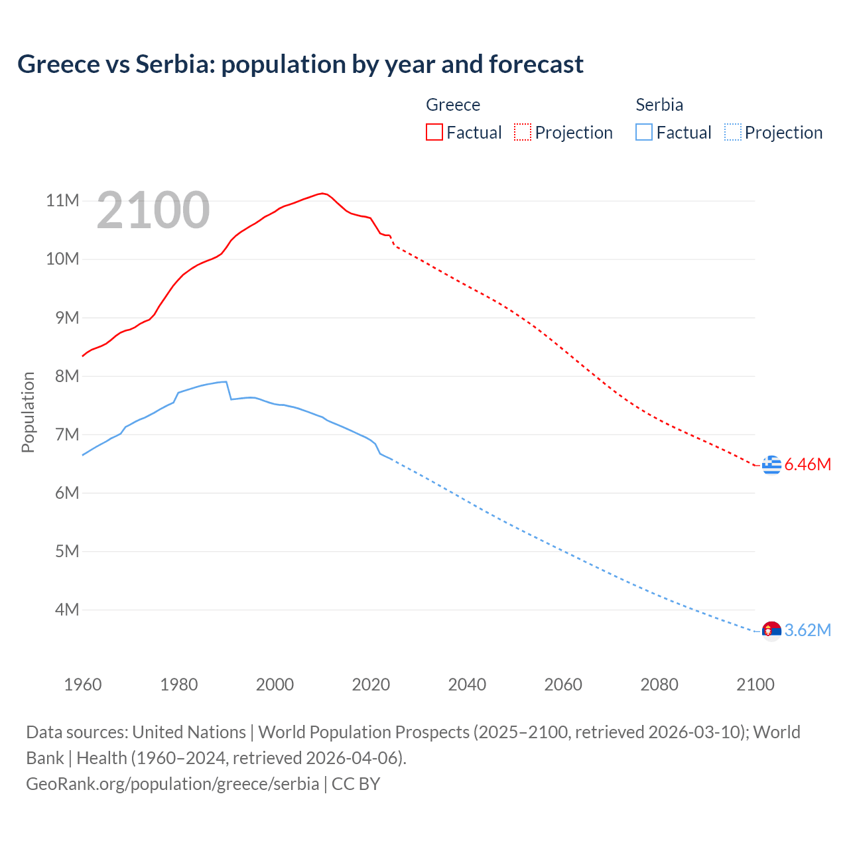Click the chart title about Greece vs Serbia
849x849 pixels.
(x=300, y=64)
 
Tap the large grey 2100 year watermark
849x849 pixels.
(x=153, y=210)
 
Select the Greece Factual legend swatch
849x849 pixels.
(x=434, y=133)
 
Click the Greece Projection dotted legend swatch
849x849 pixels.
(x=523, y=133)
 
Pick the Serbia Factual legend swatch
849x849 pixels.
(x=643, y=133)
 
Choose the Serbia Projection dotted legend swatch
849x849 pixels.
(x=732, y=133)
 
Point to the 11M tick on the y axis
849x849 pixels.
(x=62, y=200)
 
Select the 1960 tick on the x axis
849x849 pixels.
(x=83, y=685)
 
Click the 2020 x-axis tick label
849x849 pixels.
(x=371, y=685)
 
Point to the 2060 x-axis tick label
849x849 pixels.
(x=563, y=685)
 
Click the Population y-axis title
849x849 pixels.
(x=28, y=412)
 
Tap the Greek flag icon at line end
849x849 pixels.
(x=771, y=465)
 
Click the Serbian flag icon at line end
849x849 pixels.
(x=771, y=631)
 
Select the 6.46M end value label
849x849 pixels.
(x=807, y=465)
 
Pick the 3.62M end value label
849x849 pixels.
(x=807, y=631)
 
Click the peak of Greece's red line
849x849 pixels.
(x=322, y=194)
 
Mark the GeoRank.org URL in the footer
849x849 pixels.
(x=172, y=784)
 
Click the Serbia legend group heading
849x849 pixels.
(x=659, y=105)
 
